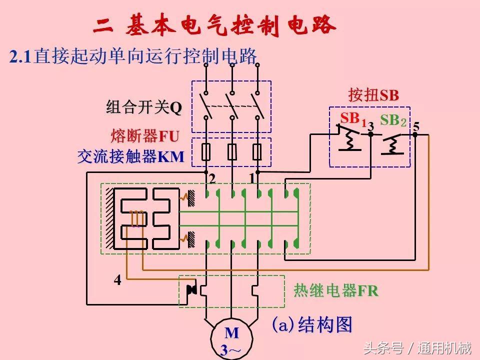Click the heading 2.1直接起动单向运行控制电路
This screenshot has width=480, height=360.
133,56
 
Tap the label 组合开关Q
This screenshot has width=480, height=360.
144,107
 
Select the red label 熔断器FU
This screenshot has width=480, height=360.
145,136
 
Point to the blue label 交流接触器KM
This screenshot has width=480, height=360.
131,157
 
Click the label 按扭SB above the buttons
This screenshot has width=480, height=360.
373,95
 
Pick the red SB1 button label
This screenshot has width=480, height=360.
353,119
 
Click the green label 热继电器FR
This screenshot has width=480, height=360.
336,291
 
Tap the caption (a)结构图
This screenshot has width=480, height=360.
312,325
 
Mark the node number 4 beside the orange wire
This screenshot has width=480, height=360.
117,280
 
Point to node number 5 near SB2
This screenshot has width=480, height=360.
416,125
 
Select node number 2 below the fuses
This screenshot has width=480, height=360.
212,178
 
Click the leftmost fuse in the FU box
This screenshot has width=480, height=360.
205,152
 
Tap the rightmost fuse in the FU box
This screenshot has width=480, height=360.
257,152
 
